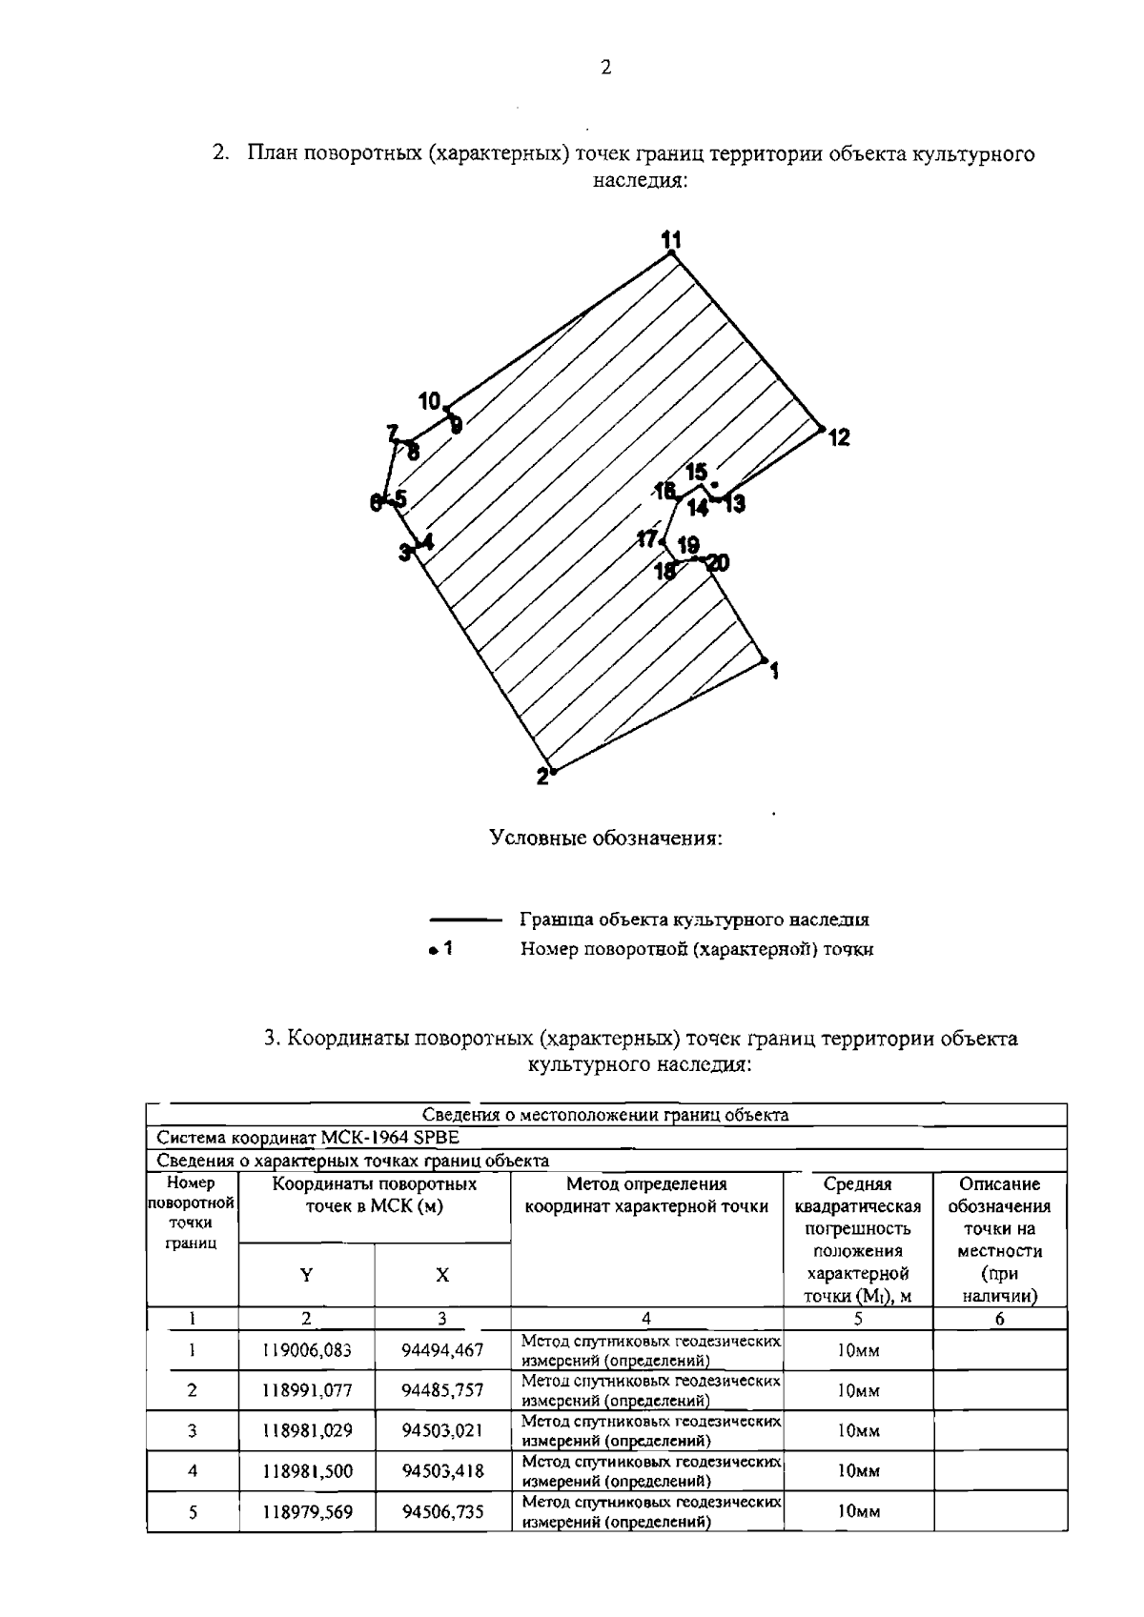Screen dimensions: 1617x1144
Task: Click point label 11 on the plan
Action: click(672, 239)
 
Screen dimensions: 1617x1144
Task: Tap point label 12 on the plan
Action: click(839, 437)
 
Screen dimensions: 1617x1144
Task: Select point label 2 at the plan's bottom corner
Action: click(542, 777)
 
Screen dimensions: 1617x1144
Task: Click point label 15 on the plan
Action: click(697, 472)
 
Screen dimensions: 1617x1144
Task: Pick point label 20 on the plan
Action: click(716, 563)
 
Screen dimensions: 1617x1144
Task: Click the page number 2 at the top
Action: click(606, 68)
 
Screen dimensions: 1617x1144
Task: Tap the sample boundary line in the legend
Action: click(466, 920)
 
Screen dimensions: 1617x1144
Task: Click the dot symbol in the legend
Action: click(432, 950)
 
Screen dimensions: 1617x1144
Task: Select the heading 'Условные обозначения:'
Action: click(605, 839)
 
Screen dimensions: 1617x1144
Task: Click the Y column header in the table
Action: click(306, 1275)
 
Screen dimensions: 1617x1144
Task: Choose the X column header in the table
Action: click(442, 1275)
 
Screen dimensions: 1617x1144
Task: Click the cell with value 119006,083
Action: click(307, 1350)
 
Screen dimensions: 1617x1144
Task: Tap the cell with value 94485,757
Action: click(442, 1390)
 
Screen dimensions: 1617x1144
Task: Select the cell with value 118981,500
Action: click(307, 1471)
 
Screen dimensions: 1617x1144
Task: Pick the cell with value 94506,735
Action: click(442, 1511)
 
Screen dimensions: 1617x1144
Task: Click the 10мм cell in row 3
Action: click(858, 1431)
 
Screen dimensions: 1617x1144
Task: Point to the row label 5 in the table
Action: click(193, 1511)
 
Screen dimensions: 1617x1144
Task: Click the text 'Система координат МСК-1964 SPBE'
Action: click(308, 1138)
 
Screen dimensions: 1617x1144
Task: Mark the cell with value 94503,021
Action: click(442, 1431)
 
